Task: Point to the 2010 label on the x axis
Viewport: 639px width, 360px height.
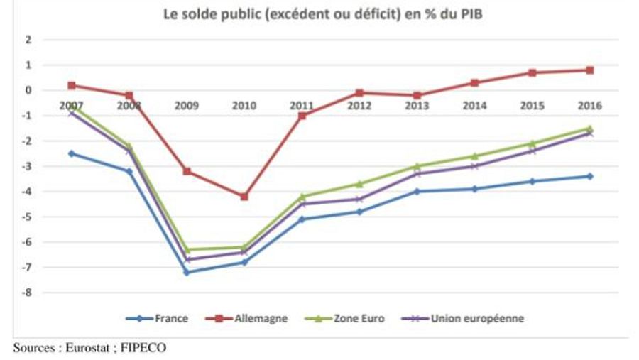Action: [x=244, y=105]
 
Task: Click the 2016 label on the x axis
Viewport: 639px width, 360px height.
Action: [x=589, y=105]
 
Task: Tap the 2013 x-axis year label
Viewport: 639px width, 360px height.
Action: [x=417, y=105]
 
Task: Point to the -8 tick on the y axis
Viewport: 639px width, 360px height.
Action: [x=28, y=293]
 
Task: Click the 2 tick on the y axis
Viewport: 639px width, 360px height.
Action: [x=29, y=40]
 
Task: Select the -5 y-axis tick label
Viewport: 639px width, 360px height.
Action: [x=28, y=217]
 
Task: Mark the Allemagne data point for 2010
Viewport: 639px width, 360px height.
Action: [x=244, y=196]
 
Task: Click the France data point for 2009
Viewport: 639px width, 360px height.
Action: [x=187, y=272]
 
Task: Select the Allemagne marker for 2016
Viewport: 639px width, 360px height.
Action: [x=589, y=70]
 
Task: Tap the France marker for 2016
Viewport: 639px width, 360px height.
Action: [x=589, y=176]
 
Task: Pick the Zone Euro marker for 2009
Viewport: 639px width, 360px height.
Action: [x=187, y=249]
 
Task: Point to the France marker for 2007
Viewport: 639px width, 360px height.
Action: [x=72, y=153]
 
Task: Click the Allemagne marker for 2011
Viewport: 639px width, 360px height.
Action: [x=302, y=115]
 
